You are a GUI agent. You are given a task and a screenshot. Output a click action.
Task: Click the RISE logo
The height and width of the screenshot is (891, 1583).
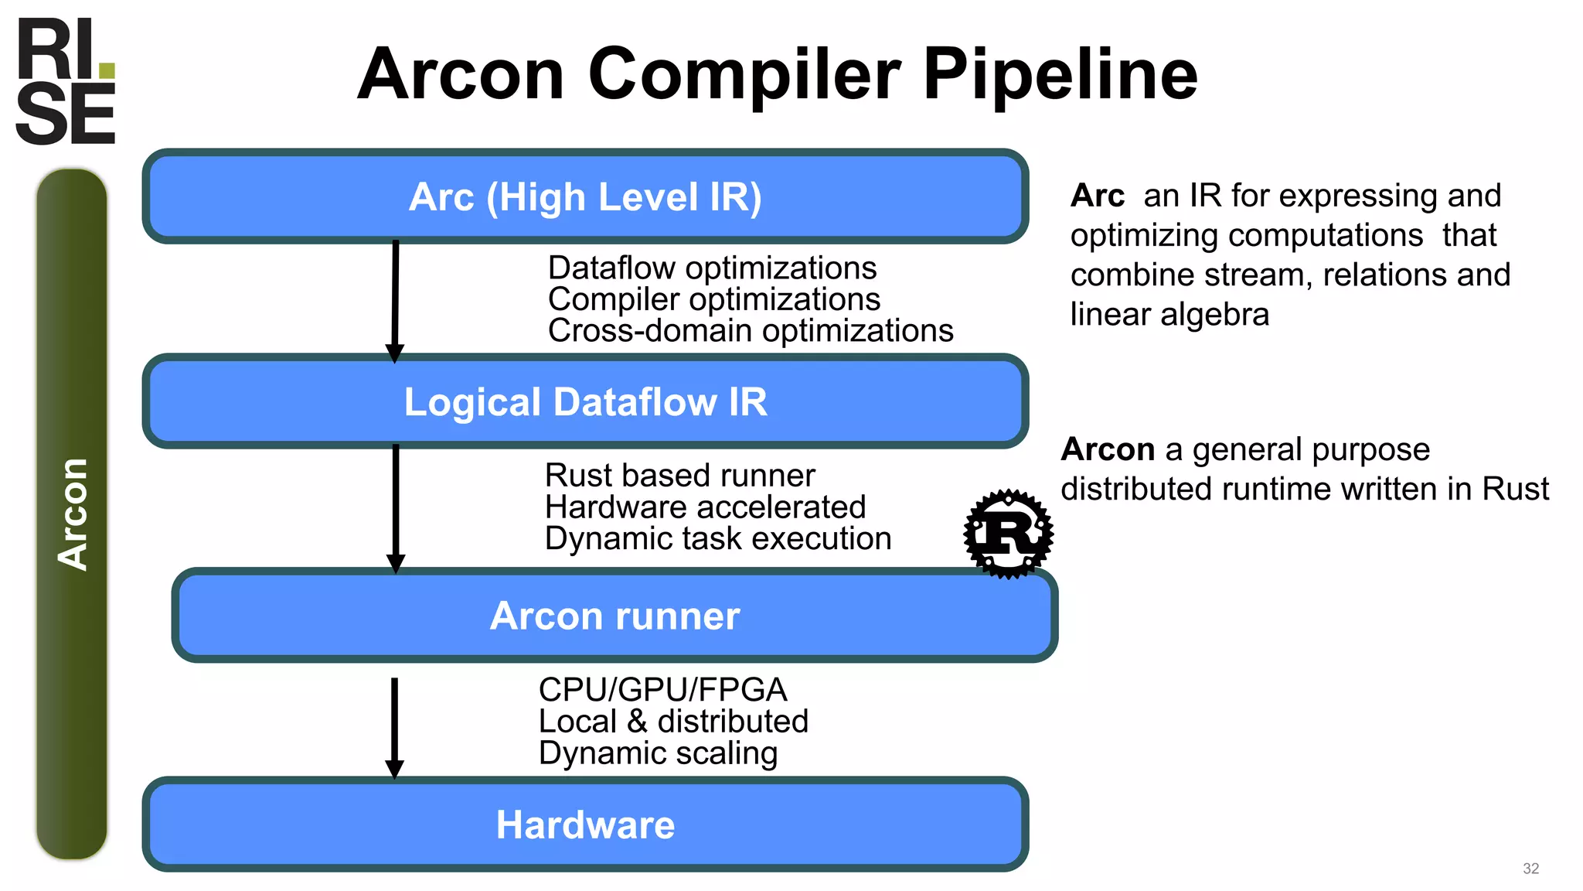66,82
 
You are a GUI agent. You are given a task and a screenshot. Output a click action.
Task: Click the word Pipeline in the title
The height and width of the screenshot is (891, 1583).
1060,74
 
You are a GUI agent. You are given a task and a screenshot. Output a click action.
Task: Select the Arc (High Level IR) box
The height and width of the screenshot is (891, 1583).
585,196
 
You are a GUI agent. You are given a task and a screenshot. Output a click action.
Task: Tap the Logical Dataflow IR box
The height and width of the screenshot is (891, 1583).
585,401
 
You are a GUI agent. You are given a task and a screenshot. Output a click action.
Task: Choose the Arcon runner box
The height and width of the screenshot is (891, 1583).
614,616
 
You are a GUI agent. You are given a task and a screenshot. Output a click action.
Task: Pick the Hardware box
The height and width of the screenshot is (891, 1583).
585,824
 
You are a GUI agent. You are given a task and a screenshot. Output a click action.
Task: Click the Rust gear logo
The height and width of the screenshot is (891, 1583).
1008,533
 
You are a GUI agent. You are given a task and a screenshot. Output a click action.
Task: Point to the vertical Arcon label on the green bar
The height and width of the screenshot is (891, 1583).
73,514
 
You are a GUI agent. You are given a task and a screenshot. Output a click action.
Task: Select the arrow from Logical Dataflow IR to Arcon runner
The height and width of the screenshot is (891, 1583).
396,507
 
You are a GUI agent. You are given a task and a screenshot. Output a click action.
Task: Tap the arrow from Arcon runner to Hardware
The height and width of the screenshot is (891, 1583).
394,727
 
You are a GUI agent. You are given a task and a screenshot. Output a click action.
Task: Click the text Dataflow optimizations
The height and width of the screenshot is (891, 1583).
712,268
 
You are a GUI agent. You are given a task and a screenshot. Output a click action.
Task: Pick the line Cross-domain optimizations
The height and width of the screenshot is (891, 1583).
750,331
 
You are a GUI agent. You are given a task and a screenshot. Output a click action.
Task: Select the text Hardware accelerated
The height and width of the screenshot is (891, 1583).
705,507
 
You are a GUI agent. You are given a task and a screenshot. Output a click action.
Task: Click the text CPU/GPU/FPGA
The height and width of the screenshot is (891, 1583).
662,689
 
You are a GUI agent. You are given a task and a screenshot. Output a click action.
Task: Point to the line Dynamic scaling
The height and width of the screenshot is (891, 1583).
658,753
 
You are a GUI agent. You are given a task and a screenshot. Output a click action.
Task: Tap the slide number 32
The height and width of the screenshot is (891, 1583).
1530,869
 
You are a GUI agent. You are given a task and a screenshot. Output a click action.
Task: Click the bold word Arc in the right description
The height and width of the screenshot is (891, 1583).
1097,196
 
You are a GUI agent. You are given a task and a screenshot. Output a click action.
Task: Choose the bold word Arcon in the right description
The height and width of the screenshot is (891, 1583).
1108,449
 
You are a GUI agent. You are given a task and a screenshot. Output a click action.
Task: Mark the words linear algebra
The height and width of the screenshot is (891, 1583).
1169,315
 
